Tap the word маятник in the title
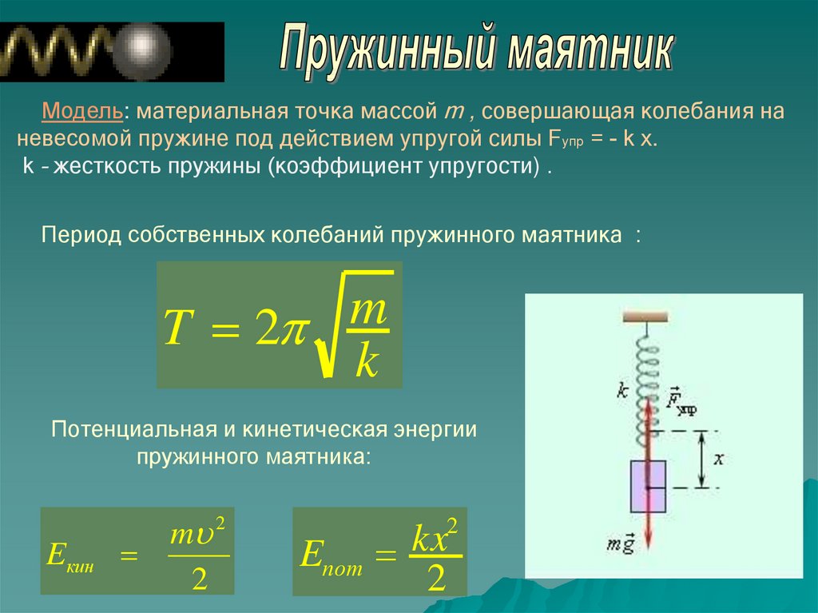coord(590,50)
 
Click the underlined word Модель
coord(82,111)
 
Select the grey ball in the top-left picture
coord(142,51)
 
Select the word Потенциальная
coord(134,429)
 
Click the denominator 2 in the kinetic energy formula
coord(199,579)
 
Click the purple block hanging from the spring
coord(648,486)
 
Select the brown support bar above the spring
coord(645,316)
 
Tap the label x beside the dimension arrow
coord(719,459)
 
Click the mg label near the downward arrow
coord(621,544)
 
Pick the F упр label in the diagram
coord(681,401)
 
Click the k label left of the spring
coord(622,390)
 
